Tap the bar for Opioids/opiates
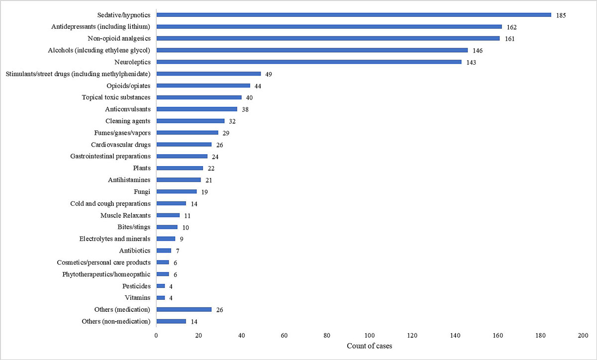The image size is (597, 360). click(203, 86)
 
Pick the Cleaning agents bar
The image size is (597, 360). click(190, 121)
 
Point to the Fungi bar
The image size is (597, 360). click(176, 191)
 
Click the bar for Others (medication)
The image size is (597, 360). click(184, 309)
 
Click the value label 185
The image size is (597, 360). click(561, 15)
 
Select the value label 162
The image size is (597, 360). click(512, 27)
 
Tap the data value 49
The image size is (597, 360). click(268, 74)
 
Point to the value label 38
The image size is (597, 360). click(245, 109)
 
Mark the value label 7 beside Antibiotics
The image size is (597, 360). click(177, 251)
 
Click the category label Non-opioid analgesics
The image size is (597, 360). click(119, 38)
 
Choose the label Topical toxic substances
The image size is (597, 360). click(116, 97)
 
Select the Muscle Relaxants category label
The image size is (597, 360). click(125, 215)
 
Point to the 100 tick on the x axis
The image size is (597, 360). click(370, 336)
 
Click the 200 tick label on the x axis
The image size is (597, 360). click(583, 336)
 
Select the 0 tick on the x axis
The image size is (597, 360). click(156, 336)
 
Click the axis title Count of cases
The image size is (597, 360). click(369, 346)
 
